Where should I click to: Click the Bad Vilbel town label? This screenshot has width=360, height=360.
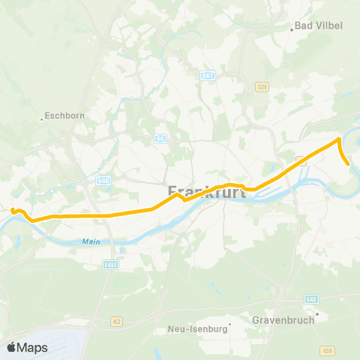pos(319,25)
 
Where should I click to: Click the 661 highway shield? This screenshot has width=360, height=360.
pos(208,75)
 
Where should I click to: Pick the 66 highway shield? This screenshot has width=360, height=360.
pos(160,139)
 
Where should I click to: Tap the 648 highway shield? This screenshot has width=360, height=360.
pos(103,180)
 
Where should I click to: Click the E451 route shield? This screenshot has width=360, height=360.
pos(111,264)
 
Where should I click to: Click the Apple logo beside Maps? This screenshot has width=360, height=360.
pos(12,347)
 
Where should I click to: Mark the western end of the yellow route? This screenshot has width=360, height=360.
pos(13,211)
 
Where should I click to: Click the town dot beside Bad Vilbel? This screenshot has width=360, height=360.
pos(292,30)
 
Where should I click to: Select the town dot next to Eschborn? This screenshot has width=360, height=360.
pos(41,118)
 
